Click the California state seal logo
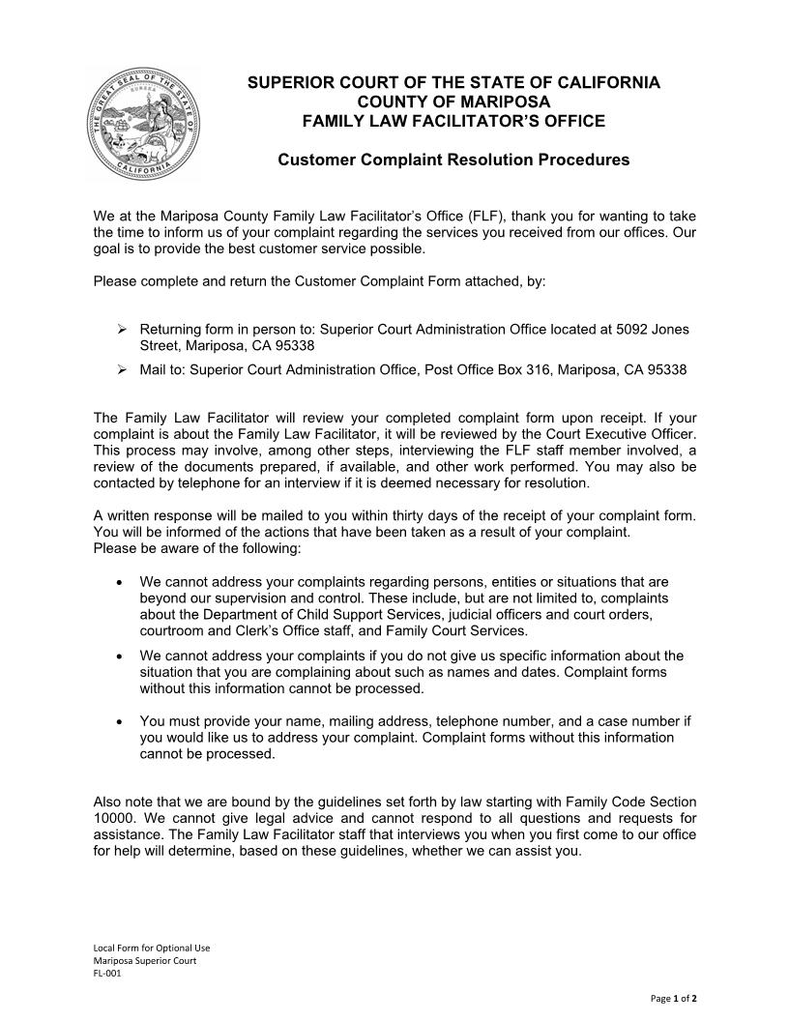[x=144, y=125]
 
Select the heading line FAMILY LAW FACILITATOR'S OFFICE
[x=453, y=121]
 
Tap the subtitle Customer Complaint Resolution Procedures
[x=453, y=160]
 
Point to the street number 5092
[x=632, y=330]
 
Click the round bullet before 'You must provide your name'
[x=118, y=721]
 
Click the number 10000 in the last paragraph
[x=113, y=819]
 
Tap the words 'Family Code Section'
[x=629, y=802]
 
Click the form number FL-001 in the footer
[x=106, y=974]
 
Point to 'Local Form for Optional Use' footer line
[x=151, y=948]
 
